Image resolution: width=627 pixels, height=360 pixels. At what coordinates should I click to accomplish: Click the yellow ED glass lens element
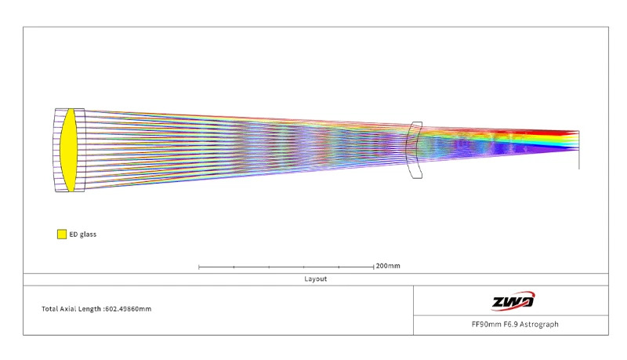pyautogui.click(x=68, y=150)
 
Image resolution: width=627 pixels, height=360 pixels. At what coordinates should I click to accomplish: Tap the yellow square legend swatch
pyautogui.click(x=62, y=234)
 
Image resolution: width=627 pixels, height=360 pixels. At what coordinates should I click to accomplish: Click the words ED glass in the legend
pyautogui.click(x=83, y=235)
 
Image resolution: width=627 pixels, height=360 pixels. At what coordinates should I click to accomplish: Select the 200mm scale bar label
pyautogui.click(x=388, y=266)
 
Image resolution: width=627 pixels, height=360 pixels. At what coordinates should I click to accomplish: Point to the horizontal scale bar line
pyautogui.click(x=286, y=267)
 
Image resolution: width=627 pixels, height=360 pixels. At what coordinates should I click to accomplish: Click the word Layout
pyautogui.click(x=316, y=278)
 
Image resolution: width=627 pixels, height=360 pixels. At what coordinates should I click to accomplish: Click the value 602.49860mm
pyautogui.click(x=129, y=309)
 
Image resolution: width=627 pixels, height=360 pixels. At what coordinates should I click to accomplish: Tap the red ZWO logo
pyautogui.click(x=513, y=301)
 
